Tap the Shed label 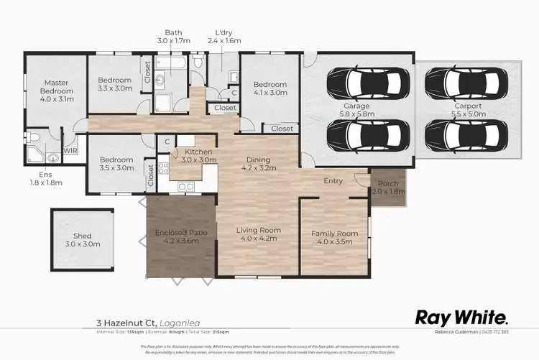click(83, 239)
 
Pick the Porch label click(388, 188)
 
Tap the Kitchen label click(198, 156)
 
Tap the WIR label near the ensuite click(70, 151)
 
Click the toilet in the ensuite click(34, 137)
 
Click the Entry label click(333, 181)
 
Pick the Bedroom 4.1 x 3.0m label click(269, 88)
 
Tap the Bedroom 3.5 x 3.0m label click(116, 163)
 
